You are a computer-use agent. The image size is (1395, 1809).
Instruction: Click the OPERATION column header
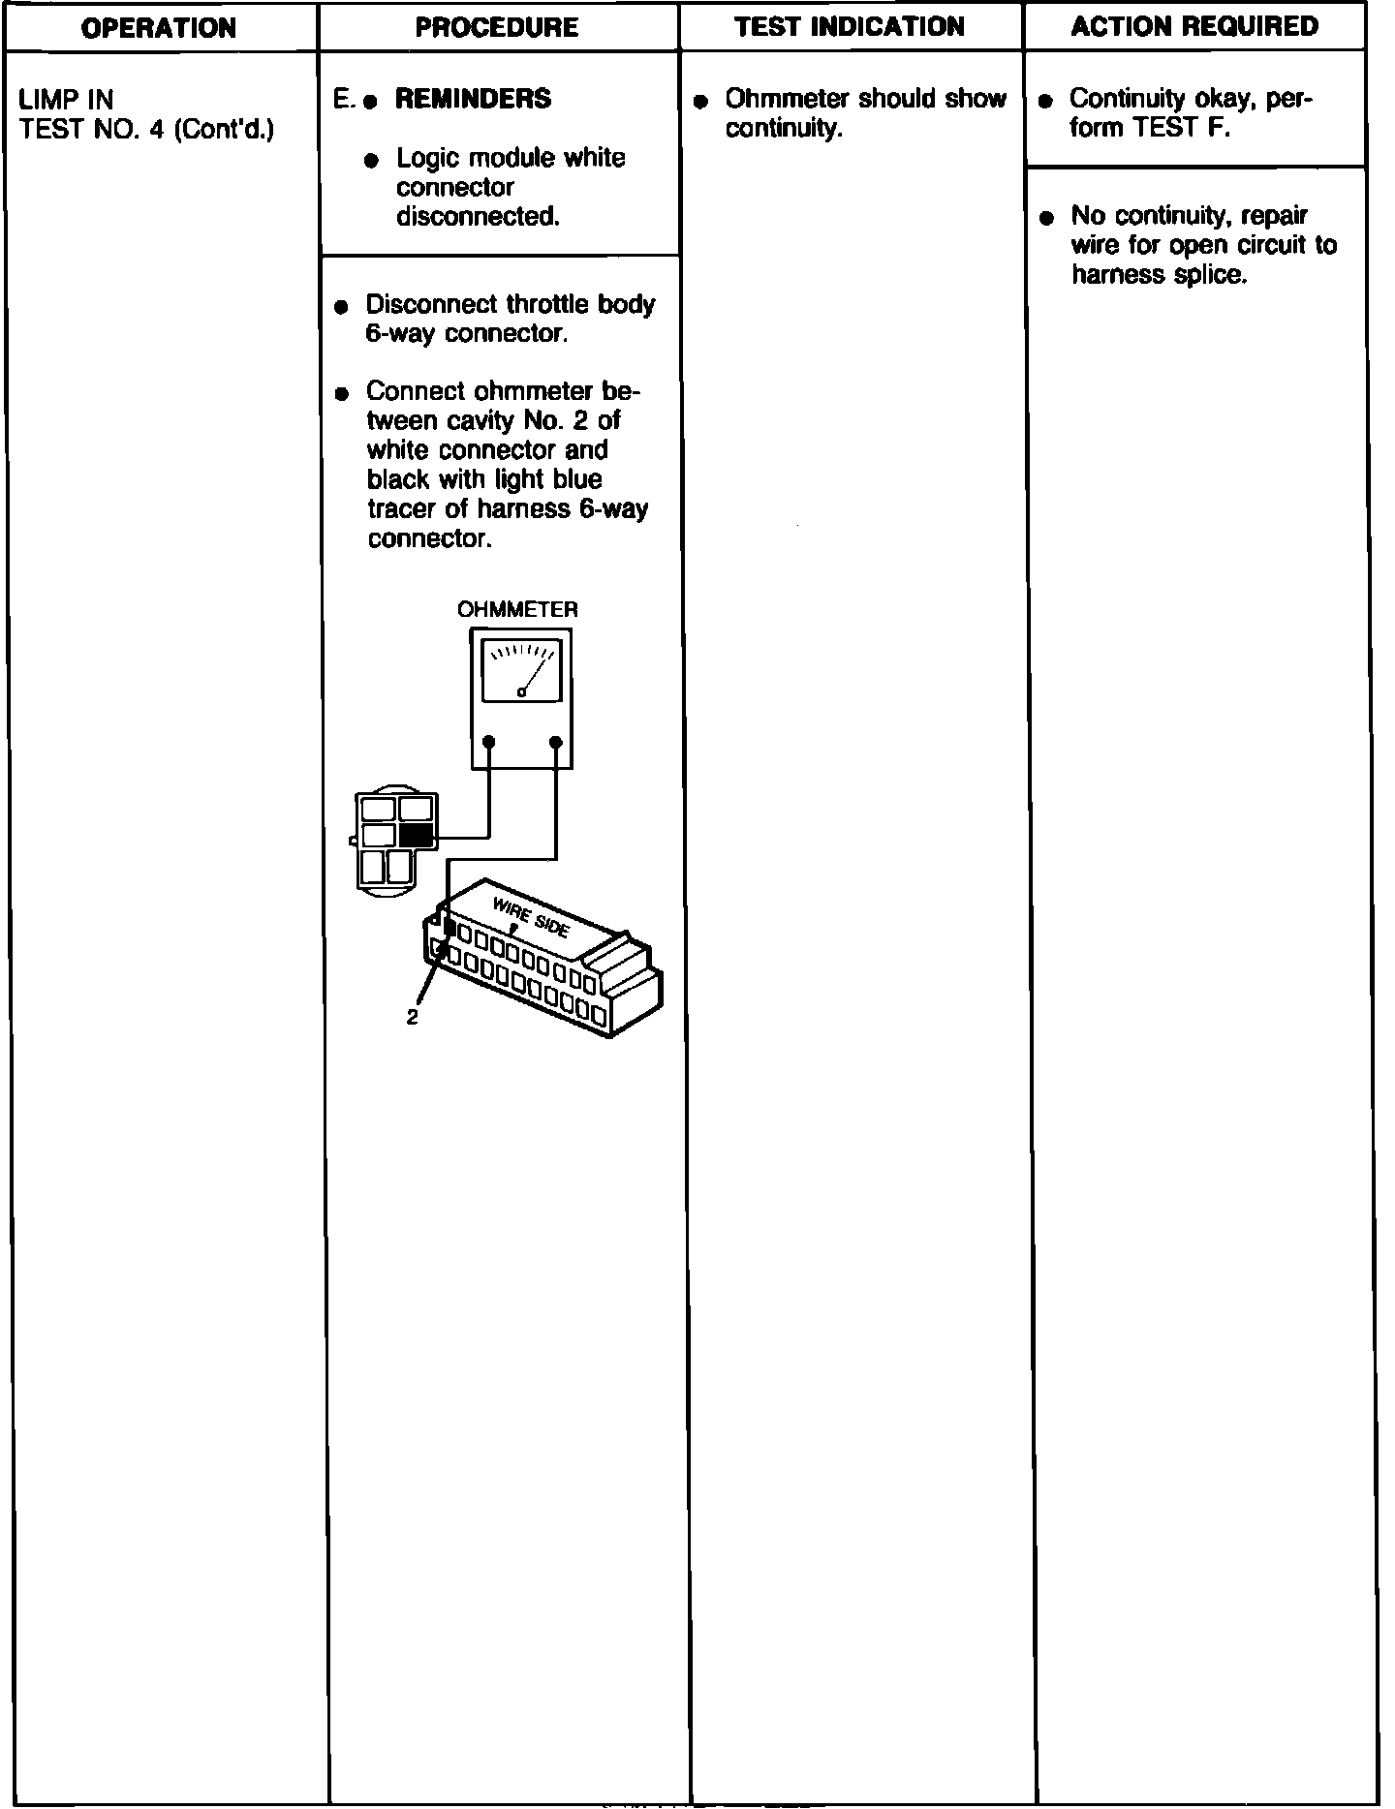tap(158, 27)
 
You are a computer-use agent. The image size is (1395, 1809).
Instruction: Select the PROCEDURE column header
tap(497, 27)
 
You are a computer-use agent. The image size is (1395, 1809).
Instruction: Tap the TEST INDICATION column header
tap(850, 26)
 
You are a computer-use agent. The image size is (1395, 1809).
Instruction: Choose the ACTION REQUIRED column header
tap(1194, 26)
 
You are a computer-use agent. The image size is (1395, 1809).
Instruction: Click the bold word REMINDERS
tap(473, 99)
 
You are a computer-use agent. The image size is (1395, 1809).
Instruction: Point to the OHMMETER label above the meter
tap(517, 610)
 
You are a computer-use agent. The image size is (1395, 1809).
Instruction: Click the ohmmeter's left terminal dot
tap(489, 742)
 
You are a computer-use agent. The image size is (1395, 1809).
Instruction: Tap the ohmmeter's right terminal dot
tap(555, 742)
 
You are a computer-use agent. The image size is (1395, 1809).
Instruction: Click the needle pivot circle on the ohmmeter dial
tap(521, 691)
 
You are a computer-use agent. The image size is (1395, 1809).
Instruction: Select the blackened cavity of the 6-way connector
tap(417, 836)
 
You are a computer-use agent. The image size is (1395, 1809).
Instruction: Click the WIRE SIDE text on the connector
tap(531, 917)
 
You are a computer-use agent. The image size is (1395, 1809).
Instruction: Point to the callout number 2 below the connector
tap(412, 1018)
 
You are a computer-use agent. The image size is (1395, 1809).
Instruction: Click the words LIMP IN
tap(66, 99)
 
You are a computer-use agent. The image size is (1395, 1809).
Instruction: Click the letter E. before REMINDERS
tap(343, 99)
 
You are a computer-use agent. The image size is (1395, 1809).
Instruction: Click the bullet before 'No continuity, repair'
tap(1045, 218)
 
